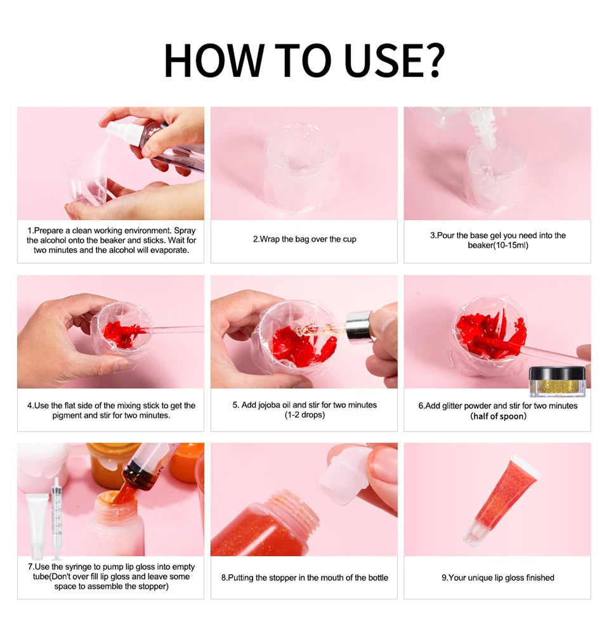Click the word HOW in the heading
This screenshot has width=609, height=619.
213,60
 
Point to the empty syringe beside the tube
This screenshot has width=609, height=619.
56,517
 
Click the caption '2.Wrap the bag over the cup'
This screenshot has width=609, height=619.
304,240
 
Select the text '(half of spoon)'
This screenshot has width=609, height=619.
498,416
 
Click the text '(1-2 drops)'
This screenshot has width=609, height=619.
304,415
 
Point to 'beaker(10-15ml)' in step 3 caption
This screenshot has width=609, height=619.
497,245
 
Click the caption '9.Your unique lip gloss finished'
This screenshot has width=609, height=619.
497,578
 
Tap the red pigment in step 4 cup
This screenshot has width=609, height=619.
118,334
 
